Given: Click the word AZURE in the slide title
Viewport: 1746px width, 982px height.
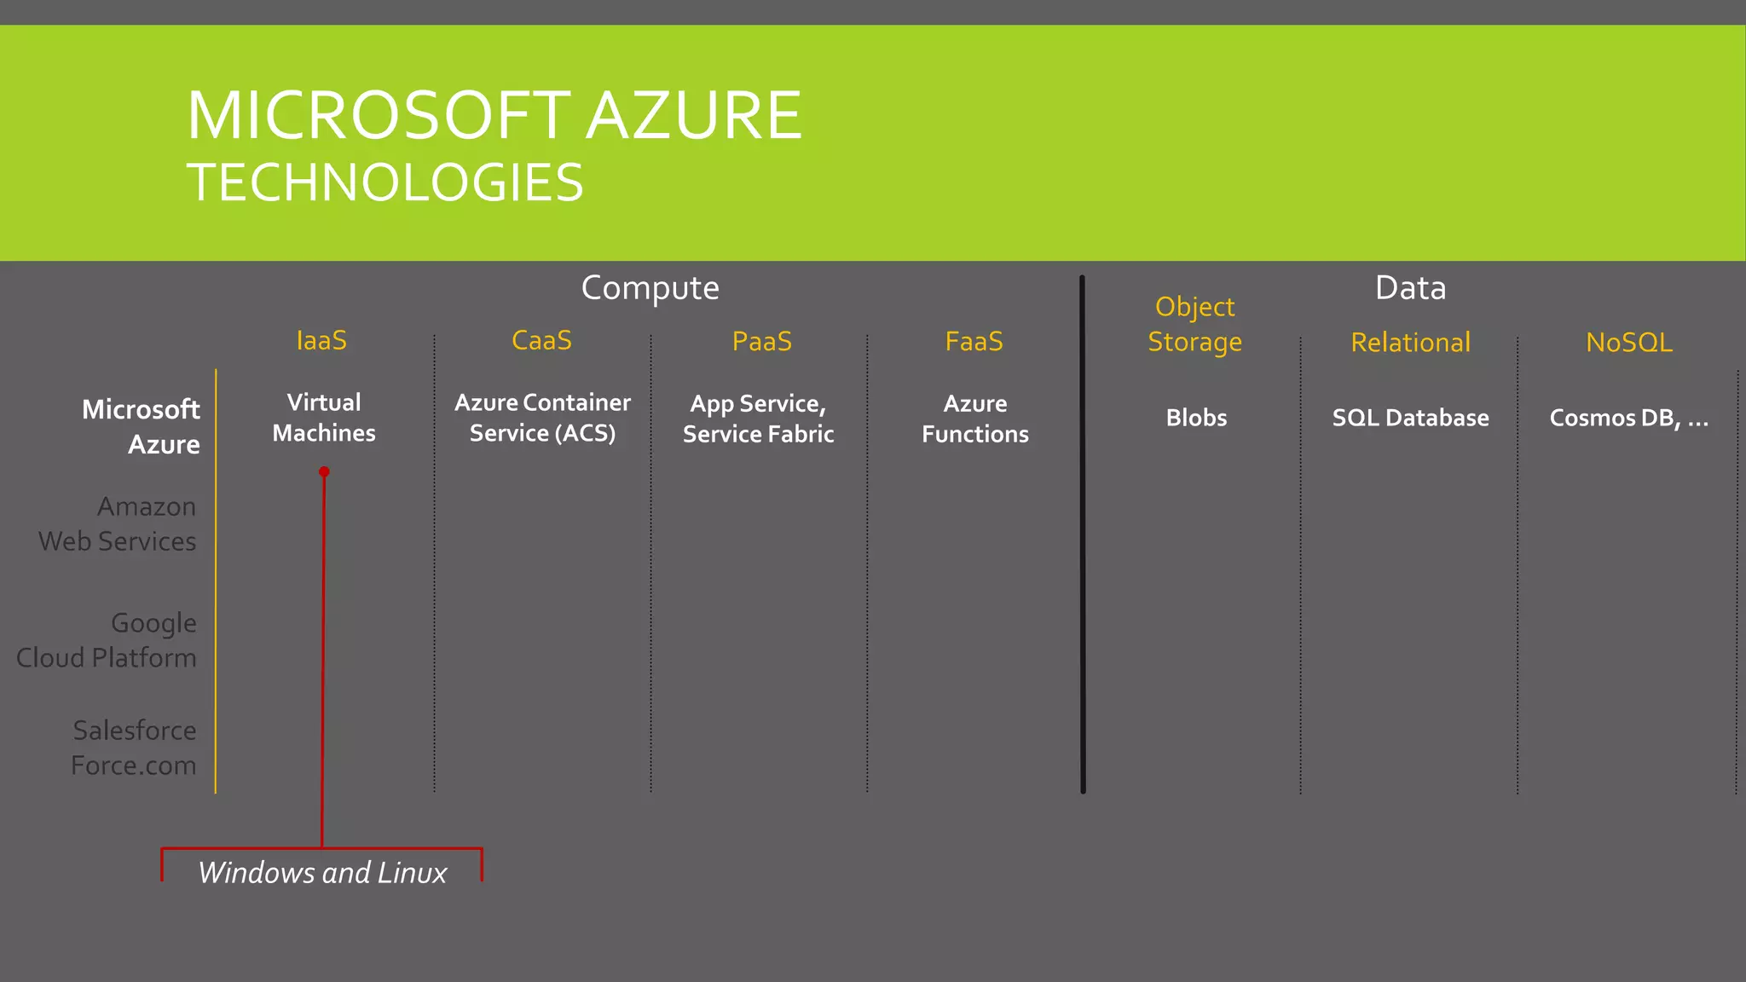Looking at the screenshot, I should click(694, 116).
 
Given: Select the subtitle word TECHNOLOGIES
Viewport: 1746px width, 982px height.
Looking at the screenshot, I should click(384, 182).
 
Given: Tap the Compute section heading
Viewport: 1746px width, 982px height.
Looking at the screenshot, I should click(650, 288).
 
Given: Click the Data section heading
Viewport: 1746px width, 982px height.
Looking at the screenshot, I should click(1410, 288).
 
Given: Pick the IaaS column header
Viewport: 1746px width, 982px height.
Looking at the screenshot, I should click(321, 340).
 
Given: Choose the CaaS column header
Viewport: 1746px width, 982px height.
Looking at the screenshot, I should click(541, 340).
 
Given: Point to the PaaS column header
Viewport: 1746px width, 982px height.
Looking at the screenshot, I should click(761, 341).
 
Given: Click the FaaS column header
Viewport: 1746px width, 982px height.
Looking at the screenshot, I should click(974, 341).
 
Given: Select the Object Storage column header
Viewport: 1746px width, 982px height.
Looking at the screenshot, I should click(1194, 324).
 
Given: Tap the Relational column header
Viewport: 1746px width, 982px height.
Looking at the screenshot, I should click(1410, 342).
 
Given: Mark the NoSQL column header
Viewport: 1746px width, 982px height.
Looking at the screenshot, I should click(1628, 342).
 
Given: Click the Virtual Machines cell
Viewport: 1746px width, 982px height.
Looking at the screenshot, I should click(324, 418).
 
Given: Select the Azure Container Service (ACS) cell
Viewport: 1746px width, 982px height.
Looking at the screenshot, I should click(542, 418).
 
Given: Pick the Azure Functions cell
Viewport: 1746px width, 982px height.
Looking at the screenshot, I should click(974, 419).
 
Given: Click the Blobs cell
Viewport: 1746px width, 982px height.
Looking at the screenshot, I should click(1196, 418).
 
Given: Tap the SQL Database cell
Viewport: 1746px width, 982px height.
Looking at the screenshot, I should click(1410, 418).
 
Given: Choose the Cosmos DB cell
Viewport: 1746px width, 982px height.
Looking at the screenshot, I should click(1627, 418).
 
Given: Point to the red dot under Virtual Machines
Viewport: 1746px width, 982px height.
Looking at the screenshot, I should click(324, 471).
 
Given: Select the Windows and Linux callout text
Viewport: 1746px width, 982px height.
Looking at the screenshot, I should click(322, 873).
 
